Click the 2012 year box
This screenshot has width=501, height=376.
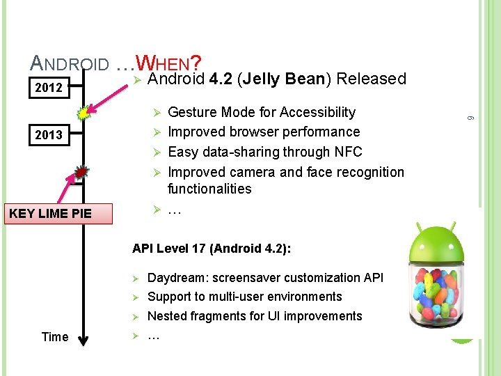(49, 88)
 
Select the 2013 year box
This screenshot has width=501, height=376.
(49, 134)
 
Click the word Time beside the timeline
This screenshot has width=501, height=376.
(55, 337)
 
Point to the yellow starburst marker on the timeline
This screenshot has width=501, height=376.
(83, 111)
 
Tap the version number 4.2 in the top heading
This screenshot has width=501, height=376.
(221, 79)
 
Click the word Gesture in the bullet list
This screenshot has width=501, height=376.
(193, 112)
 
